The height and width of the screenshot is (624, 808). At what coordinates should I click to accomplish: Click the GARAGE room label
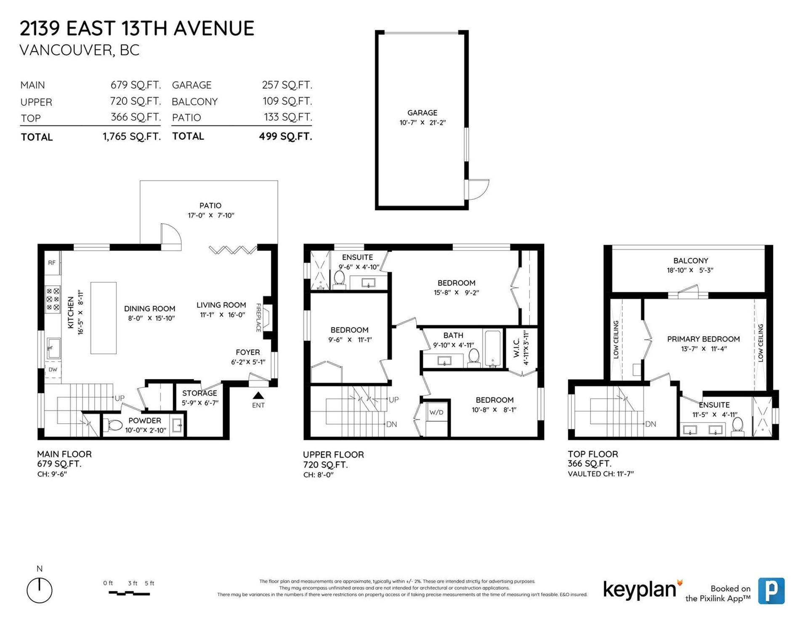click(422, 113)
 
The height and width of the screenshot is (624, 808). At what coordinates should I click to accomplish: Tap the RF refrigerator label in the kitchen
click(52, 263)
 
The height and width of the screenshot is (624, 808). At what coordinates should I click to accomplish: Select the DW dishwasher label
click(53, 370)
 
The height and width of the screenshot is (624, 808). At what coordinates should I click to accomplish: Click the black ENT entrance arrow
click(258, 396)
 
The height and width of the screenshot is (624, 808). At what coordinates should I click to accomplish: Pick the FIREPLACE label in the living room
click(259, 318)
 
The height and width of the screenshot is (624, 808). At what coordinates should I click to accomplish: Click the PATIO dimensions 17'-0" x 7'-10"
click(211, 215)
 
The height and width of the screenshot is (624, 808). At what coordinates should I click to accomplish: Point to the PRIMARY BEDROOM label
click(703, 339)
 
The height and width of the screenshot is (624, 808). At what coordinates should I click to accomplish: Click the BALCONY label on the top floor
click(691, 261)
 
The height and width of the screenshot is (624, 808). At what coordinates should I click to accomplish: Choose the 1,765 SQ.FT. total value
click(132, 137)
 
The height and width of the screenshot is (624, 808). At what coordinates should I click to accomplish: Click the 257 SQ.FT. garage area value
click(287, 85)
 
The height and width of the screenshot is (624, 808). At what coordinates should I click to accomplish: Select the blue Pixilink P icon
click(771, 591)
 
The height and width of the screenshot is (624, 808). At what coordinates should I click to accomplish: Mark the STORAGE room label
click(199, 393)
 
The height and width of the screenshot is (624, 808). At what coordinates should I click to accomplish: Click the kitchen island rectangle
click(104, 318)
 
